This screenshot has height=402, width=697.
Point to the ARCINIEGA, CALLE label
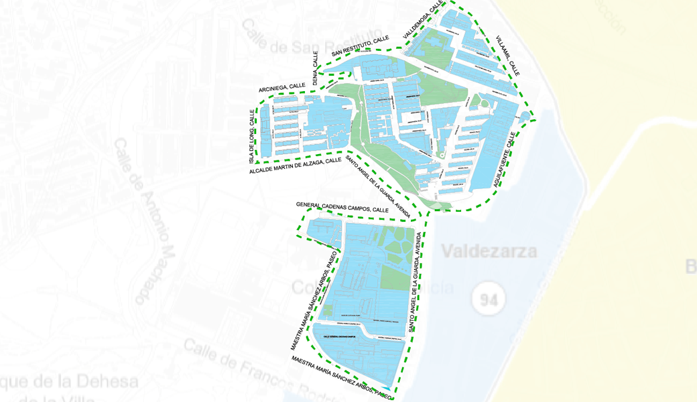(x=282, y=88)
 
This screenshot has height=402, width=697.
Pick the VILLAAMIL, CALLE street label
(x=508, y=56)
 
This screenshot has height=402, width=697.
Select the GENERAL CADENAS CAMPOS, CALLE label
(x=342, y=208)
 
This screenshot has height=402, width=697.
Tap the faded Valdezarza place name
(x=489, y=252)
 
